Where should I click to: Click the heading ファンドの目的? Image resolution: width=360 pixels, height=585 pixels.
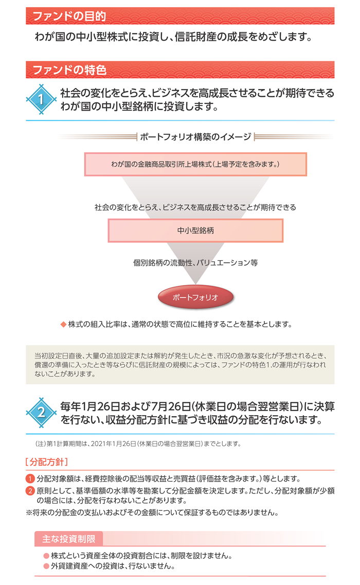tap(69, 16)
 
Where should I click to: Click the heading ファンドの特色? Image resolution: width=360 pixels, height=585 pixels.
tap(69, 70)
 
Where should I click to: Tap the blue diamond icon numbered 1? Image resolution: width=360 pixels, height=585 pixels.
tap(41, 99)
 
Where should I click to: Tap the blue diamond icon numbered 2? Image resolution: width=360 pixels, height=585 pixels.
tap(41, 413)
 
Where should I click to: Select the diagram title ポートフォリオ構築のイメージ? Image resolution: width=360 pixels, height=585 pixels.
tap(195, 137)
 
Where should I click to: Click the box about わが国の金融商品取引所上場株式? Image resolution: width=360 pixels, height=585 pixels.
tap(195, 164)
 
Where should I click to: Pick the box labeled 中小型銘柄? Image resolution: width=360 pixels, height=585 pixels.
tap(195, 231)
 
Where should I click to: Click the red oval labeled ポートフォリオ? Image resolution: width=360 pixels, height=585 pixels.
tap(195, 297)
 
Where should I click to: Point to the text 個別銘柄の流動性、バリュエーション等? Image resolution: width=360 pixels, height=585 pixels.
tap(195, 262)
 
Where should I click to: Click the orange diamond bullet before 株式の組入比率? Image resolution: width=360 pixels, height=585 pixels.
tap(63, 325)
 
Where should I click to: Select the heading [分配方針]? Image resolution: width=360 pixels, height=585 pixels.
tap(47, 462)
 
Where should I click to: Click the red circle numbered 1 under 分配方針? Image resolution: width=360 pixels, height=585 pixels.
tap(30, 478)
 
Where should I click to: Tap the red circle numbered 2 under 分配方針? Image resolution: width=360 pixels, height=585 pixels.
tap(30, 491)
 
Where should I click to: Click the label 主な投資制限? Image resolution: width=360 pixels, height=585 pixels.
tap(68, 539)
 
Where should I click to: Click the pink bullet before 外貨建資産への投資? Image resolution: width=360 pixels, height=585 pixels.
tap(46, 566)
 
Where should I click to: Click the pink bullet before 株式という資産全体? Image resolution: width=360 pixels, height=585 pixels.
tap(46, 556)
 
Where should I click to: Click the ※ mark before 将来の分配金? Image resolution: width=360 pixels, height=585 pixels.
tap(29, 512)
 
